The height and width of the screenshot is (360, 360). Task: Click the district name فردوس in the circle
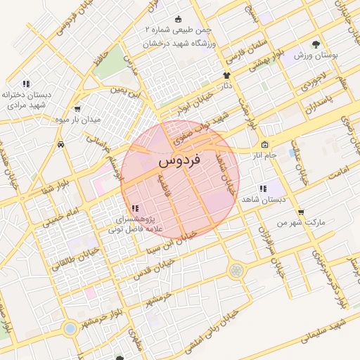180,160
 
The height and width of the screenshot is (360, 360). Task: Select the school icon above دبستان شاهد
262,188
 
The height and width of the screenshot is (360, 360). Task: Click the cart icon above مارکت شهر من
301,212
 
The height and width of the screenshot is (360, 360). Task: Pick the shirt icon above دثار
226,75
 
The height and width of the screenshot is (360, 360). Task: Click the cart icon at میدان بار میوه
77,109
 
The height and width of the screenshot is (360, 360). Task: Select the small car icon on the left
61,144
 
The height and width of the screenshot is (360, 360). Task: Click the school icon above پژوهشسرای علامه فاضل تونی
134,208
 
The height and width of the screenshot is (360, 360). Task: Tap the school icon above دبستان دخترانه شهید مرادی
26,83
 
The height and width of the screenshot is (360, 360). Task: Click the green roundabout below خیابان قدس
234,269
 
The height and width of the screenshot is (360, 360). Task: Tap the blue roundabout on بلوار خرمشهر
70,328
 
